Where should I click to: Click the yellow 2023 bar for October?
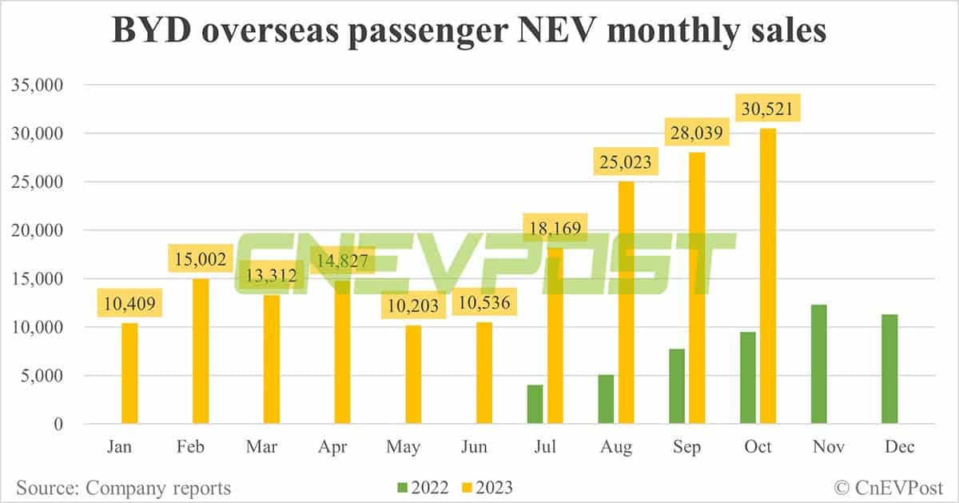click(767, 276)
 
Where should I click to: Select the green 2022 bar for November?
click(819, 364)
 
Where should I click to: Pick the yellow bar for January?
click(129, 373)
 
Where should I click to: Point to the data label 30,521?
click(768, 108)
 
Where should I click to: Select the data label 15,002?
click(201, 259)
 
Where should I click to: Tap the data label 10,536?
click(484, 303)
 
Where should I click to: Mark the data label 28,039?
click(697, 133)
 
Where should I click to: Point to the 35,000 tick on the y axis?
click(39, 85)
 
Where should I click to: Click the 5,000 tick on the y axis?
click(43, 376)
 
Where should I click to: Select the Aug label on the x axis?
click(616, 447)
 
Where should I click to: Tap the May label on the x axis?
click(404, 447)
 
